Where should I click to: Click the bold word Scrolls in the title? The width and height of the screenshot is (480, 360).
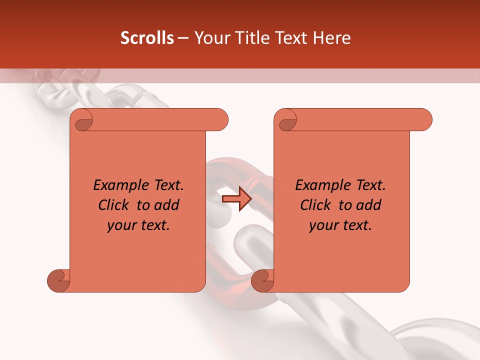(x=147, y=38)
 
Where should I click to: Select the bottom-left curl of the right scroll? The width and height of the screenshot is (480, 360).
(x=263, y=280)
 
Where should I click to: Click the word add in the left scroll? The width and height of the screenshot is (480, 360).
(x=167, y=205)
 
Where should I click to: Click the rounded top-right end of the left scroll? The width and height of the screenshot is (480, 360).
(x=220, y=120)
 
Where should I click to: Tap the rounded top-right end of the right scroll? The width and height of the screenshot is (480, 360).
(x=424, y=120)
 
